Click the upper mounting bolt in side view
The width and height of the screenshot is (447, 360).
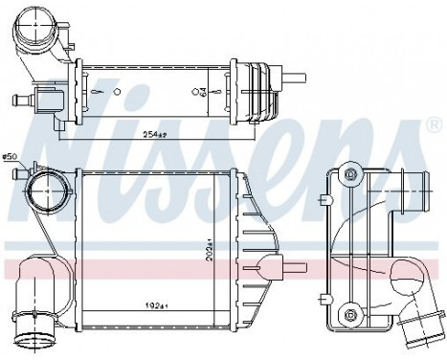tap(350, 174)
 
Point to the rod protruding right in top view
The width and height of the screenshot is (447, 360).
tap(293, 77)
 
